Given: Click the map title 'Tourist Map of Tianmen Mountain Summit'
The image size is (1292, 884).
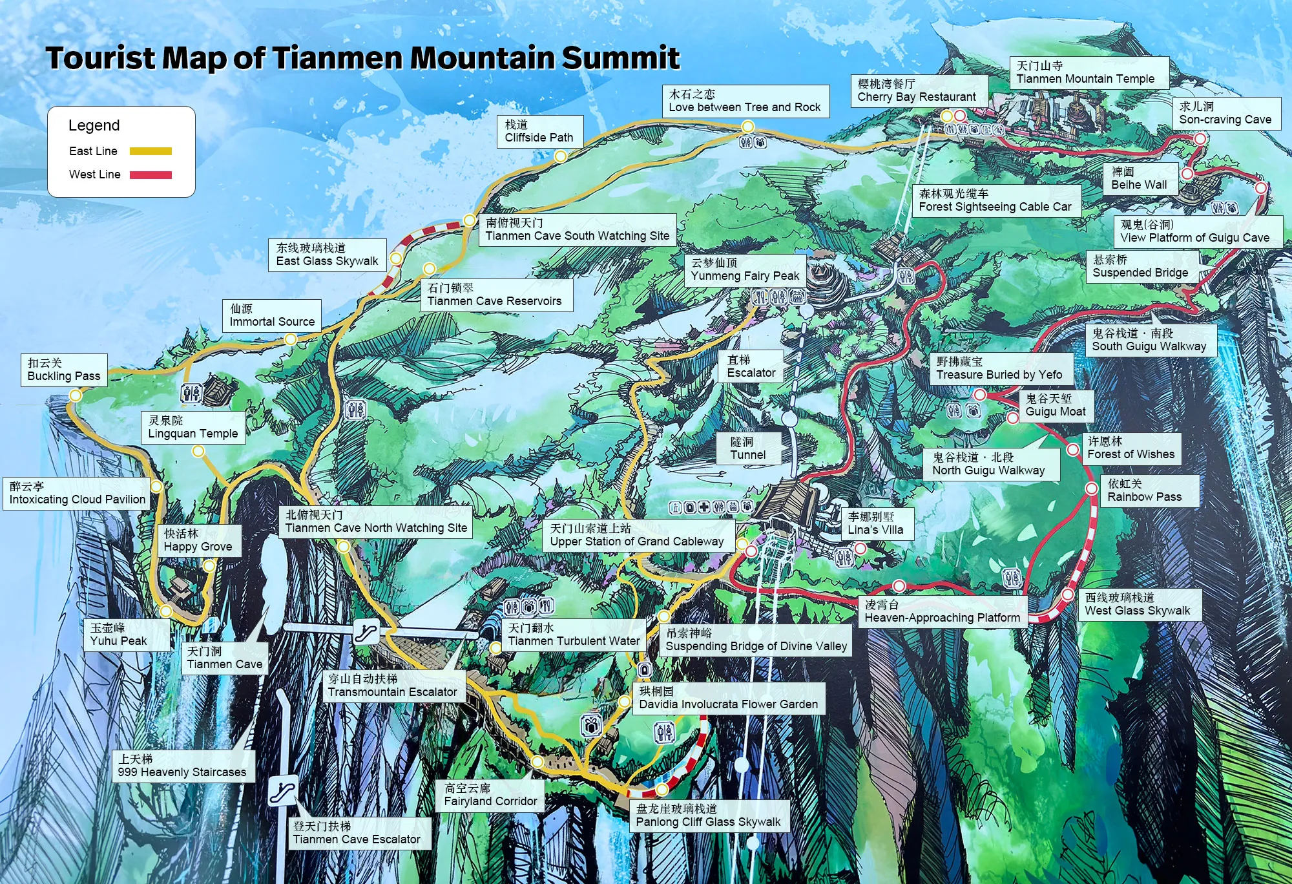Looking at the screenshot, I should click(x=362, y=58).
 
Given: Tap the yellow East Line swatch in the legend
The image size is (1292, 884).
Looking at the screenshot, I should click(x=151, y=151).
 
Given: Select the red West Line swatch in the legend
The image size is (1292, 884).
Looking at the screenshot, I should click(x=151, y=174).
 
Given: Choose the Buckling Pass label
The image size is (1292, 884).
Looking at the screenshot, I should click(x=64, y=370).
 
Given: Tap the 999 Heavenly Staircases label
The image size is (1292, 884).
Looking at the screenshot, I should click(x=183, y=766).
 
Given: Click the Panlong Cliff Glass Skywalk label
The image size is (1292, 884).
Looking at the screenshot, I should click(x=709, y=816).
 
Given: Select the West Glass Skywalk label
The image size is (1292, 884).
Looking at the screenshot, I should click(x=1138, y=604).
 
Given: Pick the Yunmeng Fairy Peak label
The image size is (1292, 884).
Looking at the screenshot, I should click(x=745, y=269).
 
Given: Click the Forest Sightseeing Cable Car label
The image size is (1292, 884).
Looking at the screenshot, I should click(x=995, y=200).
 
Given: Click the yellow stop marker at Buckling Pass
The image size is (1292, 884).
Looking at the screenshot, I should click(x=76, y=395).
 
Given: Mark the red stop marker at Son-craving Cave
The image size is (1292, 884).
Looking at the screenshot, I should click(x=1200, y=138).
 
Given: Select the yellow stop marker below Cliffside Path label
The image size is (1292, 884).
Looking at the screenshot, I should click(x=561, y=156).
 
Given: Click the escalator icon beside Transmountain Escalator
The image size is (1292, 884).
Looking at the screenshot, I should click(x=366, y=631).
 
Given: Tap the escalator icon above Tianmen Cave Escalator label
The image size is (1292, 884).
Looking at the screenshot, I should click(x=283, y=790).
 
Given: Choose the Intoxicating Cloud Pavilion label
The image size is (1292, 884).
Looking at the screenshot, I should click(x=77, y=493).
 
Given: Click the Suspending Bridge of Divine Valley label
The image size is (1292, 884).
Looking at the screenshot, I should click(x=755, y=640).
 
